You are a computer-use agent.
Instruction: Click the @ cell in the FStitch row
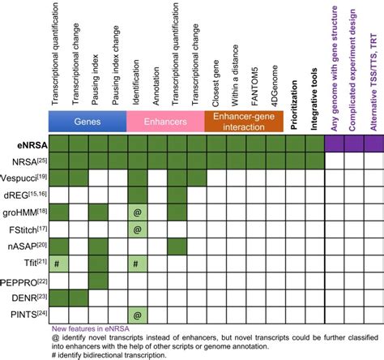tap(137, 229)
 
